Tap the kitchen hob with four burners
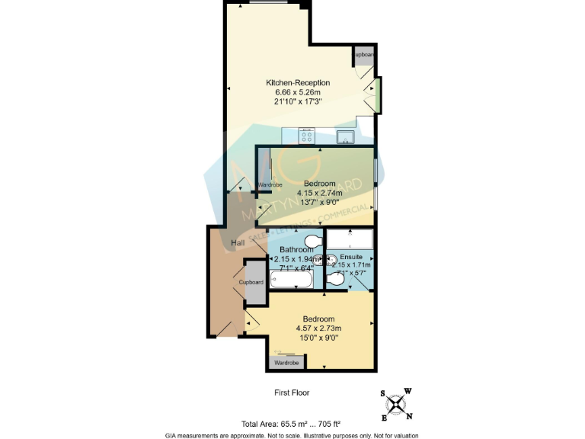308,137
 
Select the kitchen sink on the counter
345,137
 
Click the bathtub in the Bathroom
292,280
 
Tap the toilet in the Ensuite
335,280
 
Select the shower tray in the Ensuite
349,238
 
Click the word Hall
238,242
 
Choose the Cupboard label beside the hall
251,282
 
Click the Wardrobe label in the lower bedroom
286,363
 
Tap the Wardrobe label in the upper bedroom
270,185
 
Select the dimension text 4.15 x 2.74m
320,193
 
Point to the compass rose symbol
396,404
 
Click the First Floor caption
292,393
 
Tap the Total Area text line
290,424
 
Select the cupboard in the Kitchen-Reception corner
363,56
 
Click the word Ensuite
351,257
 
